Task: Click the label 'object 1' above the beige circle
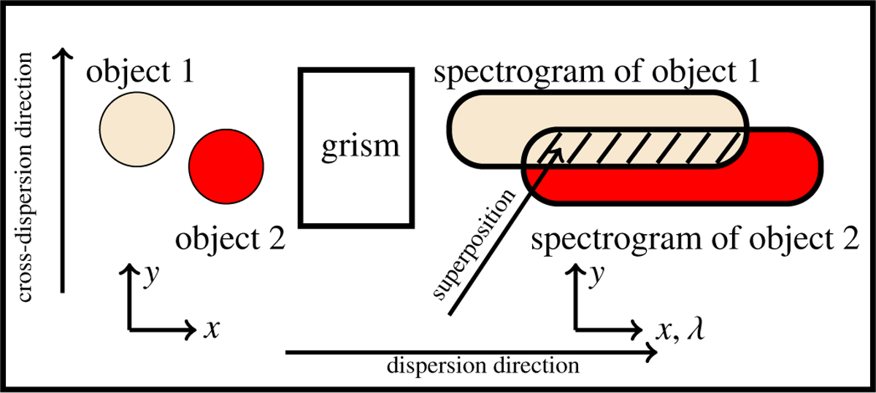click(141, 73)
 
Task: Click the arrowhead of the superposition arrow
click(558, 149)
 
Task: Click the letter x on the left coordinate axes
click(211, 330)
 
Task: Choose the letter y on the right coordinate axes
click(598, 276)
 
